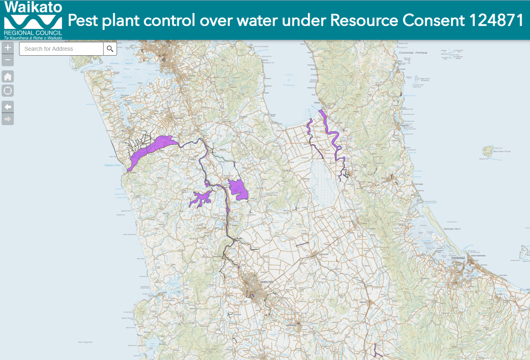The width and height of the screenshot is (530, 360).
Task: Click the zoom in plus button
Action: (8, 48)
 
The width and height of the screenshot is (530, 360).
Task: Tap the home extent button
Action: (8, 76)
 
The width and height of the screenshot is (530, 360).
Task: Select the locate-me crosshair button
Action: (8, 90)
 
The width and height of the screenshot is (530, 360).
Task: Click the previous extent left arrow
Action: (8, 107)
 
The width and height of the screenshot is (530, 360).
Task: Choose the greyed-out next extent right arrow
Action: (8, 119)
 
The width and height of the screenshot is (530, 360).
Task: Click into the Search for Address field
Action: (61, 49)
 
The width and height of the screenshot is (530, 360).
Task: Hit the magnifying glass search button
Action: (110, 49)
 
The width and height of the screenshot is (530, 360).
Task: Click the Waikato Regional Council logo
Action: (33, 20)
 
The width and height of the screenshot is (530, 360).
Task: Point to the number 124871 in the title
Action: (496, 20)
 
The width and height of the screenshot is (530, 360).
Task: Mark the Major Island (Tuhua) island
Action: (488, 151)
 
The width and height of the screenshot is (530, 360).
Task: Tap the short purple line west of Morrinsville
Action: (302, 244)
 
